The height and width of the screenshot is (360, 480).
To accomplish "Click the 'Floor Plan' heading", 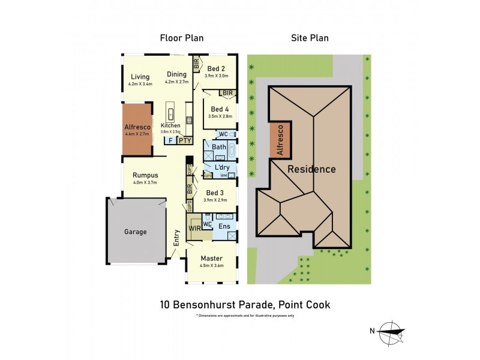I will (x=181, y=38).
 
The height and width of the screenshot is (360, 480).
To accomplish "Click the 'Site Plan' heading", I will (x=309, y=38).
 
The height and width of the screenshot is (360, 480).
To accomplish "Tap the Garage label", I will (x=136, y=232).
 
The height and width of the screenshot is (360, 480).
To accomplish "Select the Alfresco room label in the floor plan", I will (x=137, y=127).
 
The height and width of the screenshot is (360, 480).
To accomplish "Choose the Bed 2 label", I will (x=216, y=68).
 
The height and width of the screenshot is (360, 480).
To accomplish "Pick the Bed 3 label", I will (x=215, y=193).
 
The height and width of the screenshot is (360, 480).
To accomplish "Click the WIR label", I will (x=194, y=228).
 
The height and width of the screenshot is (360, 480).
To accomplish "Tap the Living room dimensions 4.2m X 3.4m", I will (x=140, y=84).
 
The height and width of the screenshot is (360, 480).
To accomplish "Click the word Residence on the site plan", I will (x=311, y=169).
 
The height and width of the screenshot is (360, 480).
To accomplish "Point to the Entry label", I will (x=176, y=237).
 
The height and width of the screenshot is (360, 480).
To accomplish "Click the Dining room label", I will (x=177, y=75).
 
